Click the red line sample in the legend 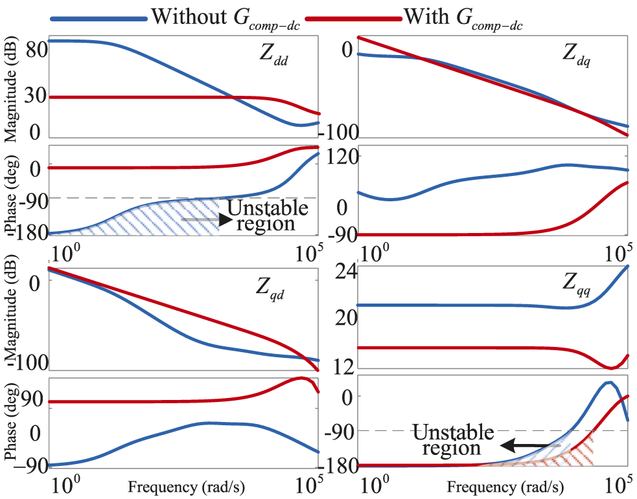coord(353,19)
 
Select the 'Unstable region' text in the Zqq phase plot coord(453,440)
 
